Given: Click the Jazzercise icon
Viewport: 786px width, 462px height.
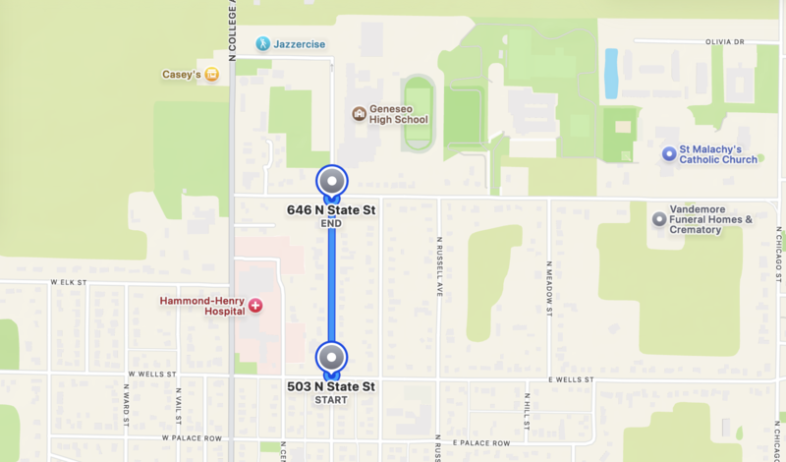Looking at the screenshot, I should pyautogui.click(x=262, y=44).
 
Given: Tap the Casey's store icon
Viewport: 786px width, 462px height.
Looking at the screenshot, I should pyautogui.click(x=210, y=74).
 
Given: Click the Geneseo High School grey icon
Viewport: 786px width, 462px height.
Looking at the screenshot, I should pyautogui.click(x=359, y=113).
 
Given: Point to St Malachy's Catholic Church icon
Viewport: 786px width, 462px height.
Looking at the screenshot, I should pyautogui.click(x=669, y=153).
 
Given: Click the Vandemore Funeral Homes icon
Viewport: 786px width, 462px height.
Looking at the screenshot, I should pyautogui.click(x=657, y=218).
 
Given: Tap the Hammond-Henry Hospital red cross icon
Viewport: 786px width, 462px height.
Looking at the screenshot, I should pyautogui.click(x=256, y=306).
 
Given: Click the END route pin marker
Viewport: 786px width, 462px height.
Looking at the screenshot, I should pyautogui.click(x=332, y=182).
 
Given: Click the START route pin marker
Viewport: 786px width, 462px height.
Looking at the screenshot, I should pyautogui.click(x=332, y=358).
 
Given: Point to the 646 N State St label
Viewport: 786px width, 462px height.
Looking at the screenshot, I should pyautogui.click(x=331, y=210).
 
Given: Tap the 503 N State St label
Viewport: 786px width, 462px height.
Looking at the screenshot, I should pyautogui.click(x=331, y=386).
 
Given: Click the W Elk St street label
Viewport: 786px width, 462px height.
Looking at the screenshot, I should pyautogui.click(x=69, y=282).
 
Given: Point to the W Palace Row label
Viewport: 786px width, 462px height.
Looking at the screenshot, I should pyautogui.click(x=192, y=437).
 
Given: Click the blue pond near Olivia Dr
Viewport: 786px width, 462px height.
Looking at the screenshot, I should pyautogui.click(x=611, y=74).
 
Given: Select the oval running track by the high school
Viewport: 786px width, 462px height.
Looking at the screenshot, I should pyautogui.click(x=418, y=113).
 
